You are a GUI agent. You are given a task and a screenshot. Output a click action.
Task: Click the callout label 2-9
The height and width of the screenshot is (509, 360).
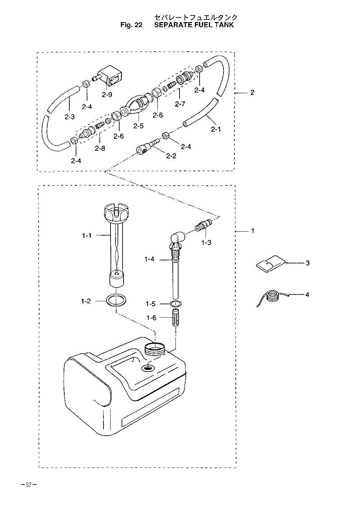(x=107, y=94)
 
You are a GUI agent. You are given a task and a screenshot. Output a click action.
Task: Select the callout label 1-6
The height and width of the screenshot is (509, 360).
(x=151, y=317)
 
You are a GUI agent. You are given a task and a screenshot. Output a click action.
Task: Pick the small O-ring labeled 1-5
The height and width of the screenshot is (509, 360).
(x=175, y=303)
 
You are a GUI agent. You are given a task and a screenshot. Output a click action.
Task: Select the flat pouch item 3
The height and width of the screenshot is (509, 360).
(x=271, y=264)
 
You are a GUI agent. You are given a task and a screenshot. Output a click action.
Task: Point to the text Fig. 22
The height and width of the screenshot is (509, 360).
(x=131, y=25)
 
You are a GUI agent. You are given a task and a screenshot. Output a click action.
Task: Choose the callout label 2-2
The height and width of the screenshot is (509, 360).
(x=171, y=156)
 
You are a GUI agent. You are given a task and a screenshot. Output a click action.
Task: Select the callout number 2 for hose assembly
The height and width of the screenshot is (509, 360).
(x=253, y=92)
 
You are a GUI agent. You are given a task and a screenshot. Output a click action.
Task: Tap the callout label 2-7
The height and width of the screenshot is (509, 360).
(x=180, y=104)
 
